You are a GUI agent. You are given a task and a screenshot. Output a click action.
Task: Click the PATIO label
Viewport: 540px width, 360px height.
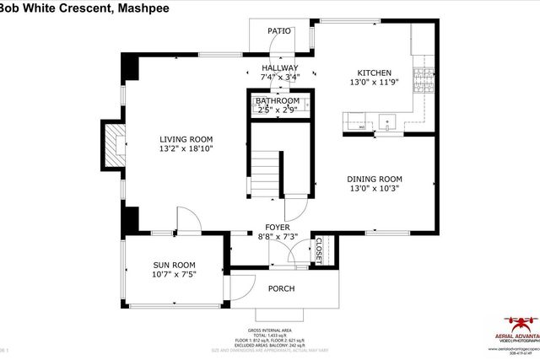coord(279,31)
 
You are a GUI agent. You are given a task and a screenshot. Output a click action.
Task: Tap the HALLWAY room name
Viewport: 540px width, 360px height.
coord(279,68)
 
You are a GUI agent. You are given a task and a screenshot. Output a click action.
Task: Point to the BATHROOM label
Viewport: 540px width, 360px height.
coord(278,100)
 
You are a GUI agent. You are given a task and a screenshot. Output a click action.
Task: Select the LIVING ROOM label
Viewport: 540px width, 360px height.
coord(186,139)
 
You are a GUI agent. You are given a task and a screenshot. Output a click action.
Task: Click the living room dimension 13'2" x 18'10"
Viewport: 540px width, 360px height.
coord(186,149)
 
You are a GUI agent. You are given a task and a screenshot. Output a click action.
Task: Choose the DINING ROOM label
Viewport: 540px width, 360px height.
coord(374,179)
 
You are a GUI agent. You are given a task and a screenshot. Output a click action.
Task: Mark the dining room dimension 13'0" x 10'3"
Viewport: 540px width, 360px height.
coord(374,189)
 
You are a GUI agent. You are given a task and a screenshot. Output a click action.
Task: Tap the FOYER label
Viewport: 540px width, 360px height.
coord(278,228)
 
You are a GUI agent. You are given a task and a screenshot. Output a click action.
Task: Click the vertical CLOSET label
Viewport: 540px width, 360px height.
coord(319,250)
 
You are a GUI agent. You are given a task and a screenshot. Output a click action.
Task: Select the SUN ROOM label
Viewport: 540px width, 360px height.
coord(174,264)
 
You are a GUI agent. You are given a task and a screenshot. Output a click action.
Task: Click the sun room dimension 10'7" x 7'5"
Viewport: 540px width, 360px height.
coord(174,274)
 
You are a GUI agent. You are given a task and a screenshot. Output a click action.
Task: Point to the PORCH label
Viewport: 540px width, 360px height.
coord(281,288)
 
